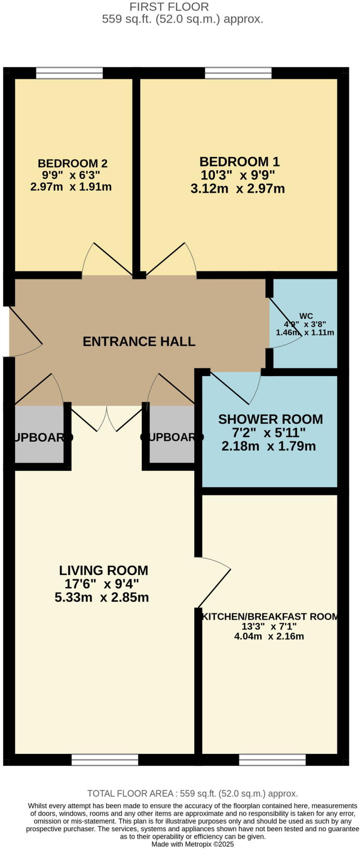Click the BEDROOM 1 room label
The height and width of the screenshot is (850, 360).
240,161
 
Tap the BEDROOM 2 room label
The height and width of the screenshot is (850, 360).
73,163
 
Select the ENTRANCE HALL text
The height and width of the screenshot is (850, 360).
139,341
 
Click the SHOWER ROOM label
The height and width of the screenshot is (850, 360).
270,419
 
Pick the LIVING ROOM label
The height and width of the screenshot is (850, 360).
103,570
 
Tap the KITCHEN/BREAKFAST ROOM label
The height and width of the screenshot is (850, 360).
269,616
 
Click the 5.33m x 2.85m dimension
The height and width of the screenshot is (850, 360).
102,597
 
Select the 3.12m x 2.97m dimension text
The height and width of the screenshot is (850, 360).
238,189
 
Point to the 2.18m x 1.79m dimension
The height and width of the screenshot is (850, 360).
269,446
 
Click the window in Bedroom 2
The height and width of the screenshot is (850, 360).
69,73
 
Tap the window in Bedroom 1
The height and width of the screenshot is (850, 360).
238,73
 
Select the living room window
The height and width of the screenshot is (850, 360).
105,760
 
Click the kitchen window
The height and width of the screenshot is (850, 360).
272,760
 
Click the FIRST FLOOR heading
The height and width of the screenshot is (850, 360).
169,7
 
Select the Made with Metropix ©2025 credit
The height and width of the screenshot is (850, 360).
193,844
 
